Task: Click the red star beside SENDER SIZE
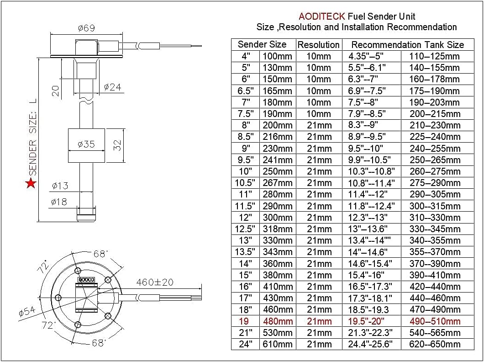pyautogui.click(x=31, y=183)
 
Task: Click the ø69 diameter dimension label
pyautogui.click(x=86, y=28)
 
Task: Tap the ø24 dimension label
pyautogui.click(x=112, y=87)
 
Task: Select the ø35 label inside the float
pyautogui.click(x=86, y=144)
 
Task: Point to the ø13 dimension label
pyautogui.click(x=60, y=186)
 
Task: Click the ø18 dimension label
pyautogui.click(x=59, y=202)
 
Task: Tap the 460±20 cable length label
pyautogui.click(x=155, y=282)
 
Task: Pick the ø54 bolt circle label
pyautogui.click(x=27, y=311)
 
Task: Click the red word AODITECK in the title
pyautogui.click(x=321, y=16)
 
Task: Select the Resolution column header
pyautogui.click(x=319, y=45)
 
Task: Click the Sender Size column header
pyautogui.click(x=262, y=44)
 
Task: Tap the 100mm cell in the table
pyautogui.click(x=277, y=56)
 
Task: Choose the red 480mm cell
pyautogui.click(x=278, y=321)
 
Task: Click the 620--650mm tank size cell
pyautogui.click(x=435, y=344)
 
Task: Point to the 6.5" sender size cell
pyautogui.click(x=246, y=91)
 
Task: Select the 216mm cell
pyautogui.click(x=278, y=137)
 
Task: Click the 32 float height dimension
pyautogui.click(x=117, y=145)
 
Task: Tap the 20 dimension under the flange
pyautogui.click(x=56, y=91)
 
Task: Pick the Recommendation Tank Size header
pyautogui.click(x=407, y=45)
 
